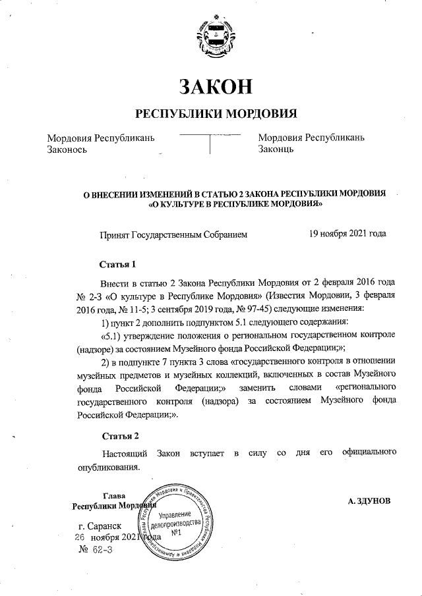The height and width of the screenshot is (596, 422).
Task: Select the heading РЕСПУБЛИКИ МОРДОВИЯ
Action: (x=216, y=113)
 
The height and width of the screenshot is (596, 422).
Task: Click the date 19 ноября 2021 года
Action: (x=347, y=234)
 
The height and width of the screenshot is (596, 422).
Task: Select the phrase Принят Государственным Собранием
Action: (x=173, y=234)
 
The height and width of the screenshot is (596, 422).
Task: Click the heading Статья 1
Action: (x=118, y=265)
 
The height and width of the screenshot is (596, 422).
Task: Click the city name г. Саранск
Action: (x=99, y=527)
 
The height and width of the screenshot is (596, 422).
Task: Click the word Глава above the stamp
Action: (x=116, y=495)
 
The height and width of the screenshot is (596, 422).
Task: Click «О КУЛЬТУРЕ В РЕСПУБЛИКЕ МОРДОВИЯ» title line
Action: (x=235, y=205)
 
